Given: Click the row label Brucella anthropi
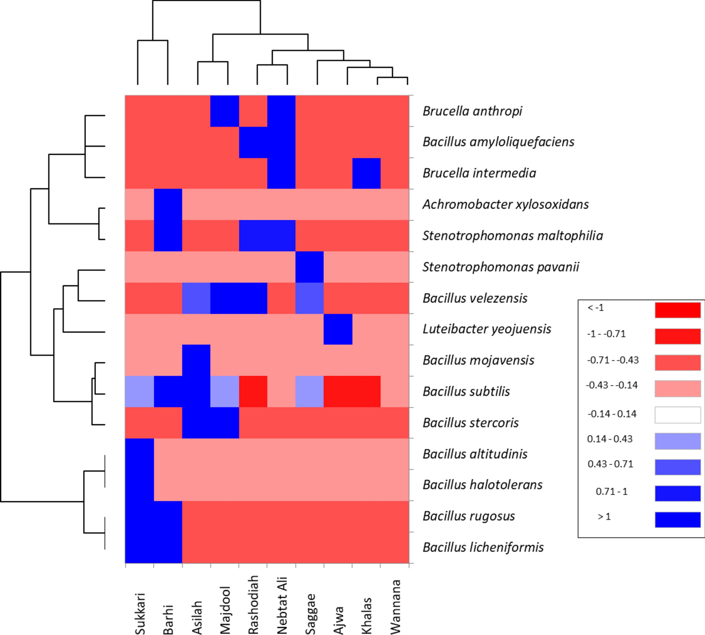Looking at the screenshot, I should (x=472, y=111).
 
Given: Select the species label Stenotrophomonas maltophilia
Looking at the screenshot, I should (x=512, y=236).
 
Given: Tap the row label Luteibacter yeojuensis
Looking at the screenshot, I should (x=487, y=329).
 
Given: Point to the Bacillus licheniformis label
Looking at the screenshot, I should (x=483, y=547).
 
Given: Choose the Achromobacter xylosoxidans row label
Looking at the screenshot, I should (x=505, y=204).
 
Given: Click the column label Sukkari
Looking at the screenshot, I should (x=139, y=613).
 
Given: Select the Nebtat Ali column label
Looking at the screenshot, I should (x=282, y=605).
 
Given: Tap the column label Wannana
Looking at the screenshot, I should (x=395, y=607).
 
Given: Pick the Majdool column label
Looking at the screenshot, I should (x=225, y=610).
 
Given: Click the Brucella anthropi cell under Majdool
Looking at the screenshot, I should (x=224, y=111).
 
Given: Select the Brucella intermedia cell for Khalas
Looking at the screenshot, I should (x=366, y=173).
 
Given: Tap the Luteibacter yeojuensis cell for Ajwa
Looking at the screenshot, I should (x=338, y=329).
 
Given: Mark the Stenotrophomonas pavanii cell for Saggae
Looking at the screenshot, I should (x=310, y=267).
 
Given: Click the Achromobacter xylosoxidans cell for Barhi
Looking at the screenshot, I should (x=168, y=204).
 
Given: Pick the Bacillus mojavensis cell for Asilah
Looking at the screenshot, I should (x=196, y=360).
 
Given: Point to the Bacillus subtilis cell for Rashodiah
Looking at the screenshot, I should (x=253, y=391).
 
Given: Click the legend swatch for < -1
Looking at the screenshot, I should (x=677, y=310).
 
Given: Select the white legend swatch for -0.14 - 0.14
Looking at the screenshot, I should (x=677, y=415).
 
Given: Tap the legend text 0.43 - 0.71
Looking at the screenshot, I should (x=610, y=464).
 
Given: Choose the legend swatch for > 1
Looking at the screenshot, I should (x=677, y=519).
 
